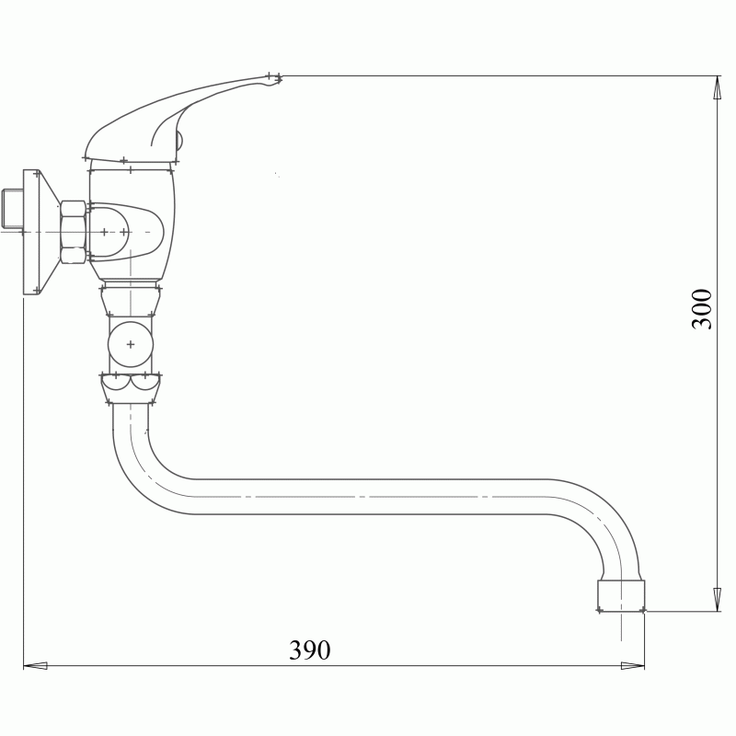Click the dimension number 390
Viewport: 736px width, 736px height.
click(309, 650)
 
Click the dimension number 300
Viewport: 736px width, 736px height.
click(702, 309)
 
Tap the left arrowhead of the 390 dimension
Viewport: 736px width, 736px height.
click(35, 665)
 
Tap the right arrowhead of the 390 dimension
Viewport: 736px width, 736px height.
click(632, 665)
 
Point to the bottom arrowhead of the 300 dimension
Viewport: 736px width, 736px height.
click(718, 600)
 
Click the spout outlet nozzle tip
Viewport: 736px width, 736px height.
click(621, 596)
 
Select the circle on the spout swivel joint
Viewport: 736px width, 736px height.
click(131, 344)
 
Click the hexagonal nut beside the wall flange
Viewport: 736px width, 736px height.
click(73, 232)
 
